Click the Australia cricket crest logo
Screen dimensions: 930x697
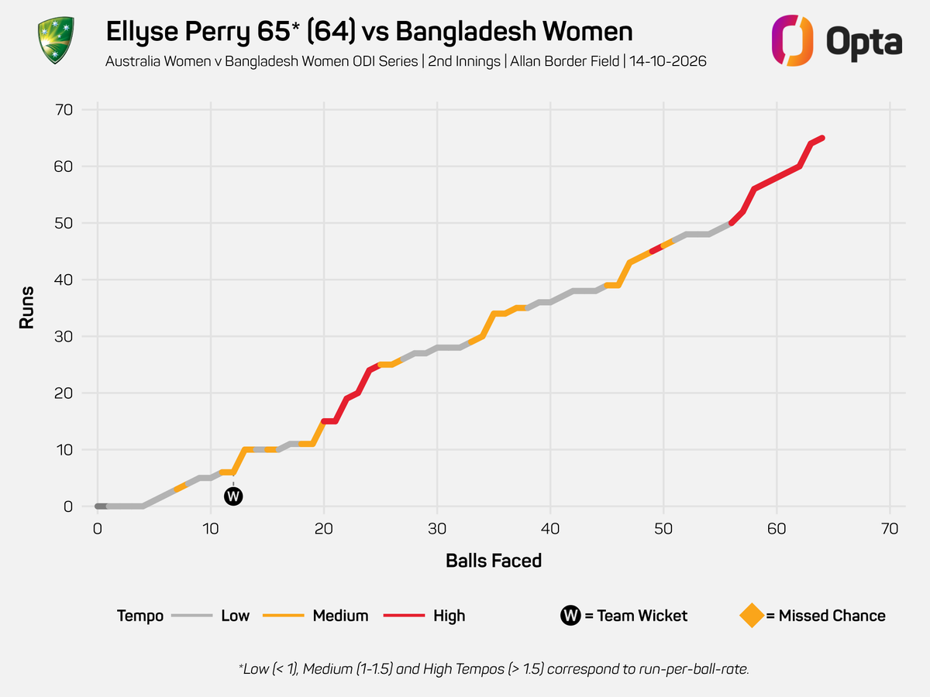pyautogui.click(x=56, y=40)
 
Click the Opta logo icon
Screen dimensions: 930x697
pyautogui.click(x=792, y=40)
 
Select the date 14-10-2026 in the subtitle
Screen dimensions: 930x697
pyautogui.click(x=668, y=61)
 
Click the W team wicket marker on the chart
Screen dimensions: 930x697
pyautogui.click(x=233, y=496)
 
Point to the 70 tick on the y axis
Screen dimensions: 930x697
pyautogui.click(x=64, y=110)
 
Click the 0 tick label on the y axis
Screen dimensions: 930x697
pyautogui.click(x=67, y=506)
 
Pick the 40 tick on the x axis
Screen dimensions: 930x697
pyautogui.click(x=550, y=529)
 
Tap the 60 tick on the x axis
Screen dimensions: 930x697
pyautogui.click(x=777, y=529)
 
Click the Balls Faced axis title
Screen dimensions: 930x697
pyautogui.click(x=494, y=561)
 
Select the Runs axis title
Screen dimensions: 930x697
pyautogui.click(x=26, y=307)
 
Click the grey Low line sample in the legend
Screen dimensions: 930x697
pyautogui.click(x=192, y=616)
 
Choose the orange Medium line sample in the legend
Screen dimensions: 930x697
pyautogui.click(x=284, y=616)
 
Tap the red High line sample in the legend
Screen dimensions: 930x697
pyautogui.click(x=404, y=616)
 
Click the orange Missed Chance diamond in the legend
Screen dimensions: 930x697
pyautogui.click(x=752, y=616)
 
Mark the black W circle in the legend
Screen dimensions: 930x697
pyautogui.click(x=570, y=616)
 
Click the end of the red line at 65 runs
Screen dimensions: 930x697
pyautogui.click(x=822, y=138)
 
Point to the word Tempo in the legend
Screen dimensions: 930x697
pyautogui.click(x=140, y=616)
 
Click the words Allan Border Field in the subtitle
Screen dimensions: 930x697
pyautogui.click(x=564, y=61)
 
